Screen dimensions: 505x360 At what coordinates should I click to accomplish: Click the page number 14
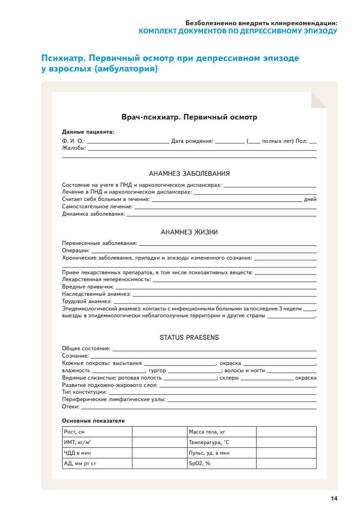pos(334,498)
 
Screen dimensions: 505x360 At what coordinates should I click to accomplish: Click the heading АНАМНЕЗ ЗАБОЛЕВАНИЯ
pos(189,174)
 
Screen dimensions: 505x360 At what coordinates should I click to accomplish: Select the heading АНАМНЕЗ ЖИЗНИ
pos(189,232)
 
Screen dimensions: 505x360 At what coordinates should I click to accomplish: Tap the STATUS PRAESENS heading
pos(189,337)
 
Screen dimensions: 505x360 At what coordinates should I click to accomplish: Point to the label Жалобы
pos(74,148)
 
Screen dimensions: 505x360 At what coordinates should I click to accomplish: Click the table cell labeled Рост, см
pos(97,432)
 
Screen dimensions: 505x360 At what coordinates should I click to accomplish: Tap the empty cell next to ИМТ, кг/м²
pos(160,442)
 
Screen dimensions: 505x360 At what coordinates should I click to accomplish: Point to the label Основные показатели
pos(93,421)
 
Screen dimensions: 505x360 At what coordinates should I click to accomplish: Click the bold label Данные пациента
pos(88,132)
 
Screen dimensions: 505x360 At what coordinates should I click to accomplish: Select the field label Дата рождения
pos(192,141)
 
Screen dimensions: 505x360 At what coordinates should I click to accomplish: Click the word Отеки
pos(70,407)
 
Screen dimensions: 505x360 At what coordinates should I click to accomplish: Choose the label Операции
pos(75,250)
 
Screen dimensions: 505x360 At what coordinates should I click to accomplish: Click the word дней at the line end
pos(310,199)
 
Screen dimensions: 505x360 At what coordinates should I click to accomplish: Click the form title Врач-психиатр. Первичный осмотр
pos(189,117)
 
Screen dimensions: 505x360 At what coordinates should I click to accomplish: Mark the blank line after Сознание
pos(204,356)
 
